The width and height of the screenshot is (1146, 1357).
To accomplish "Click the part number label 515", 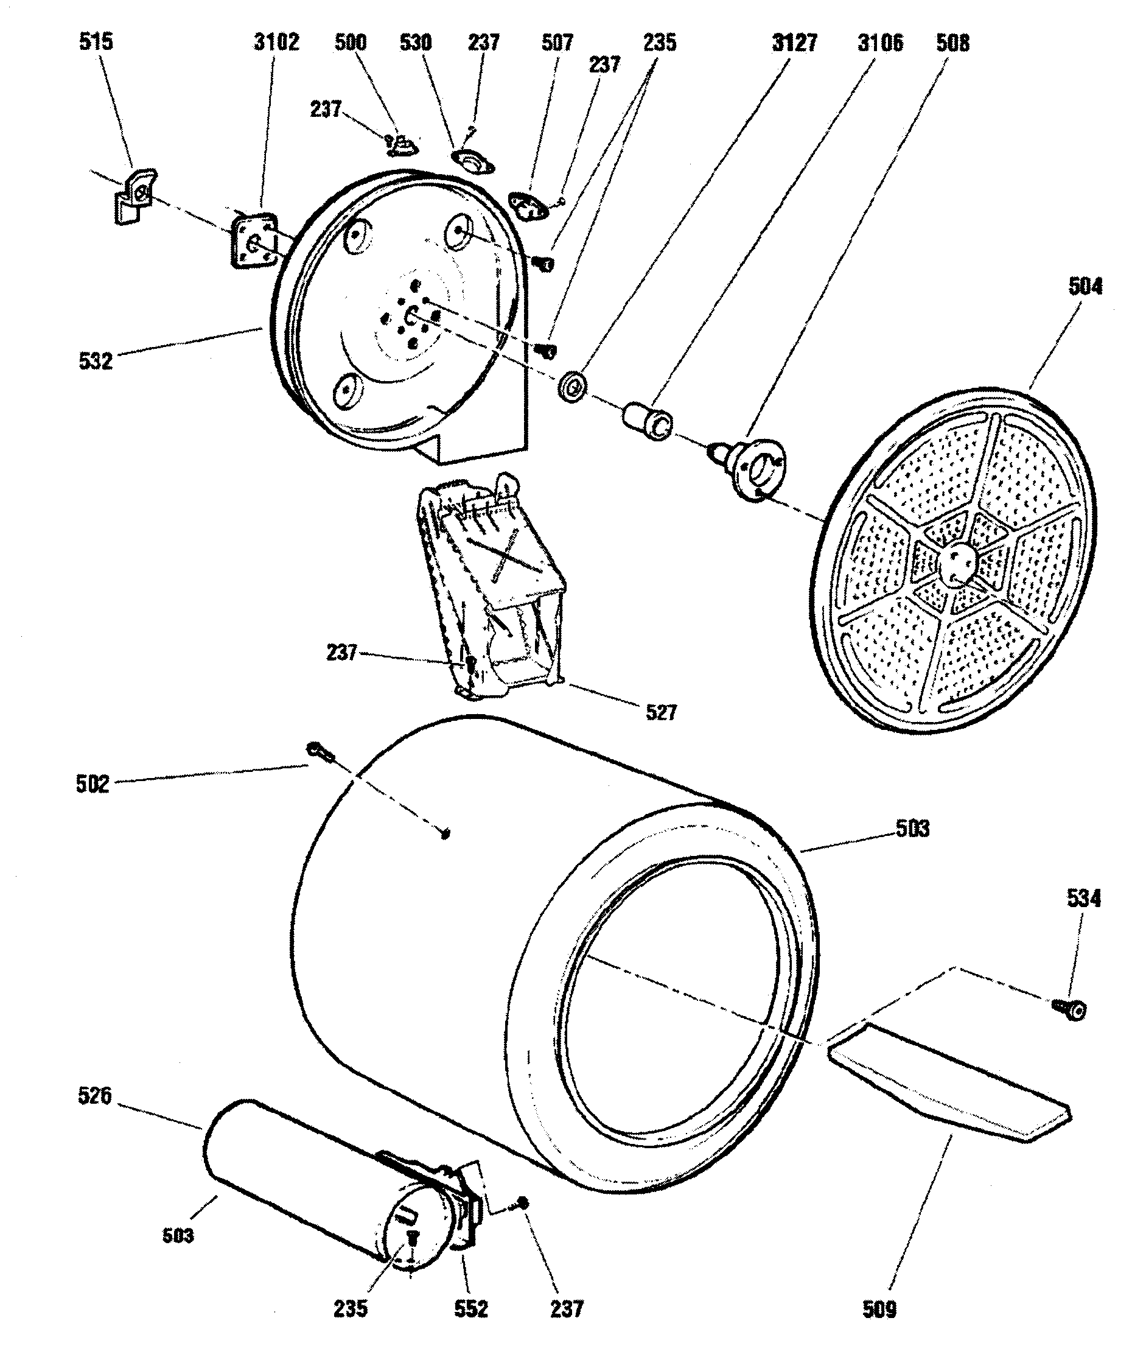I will (96, 41).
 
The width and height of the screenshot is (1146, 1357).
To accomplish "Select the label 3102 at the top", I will (276, 42).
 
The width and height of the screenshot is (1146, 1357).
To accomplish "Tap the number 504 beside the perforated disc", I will (1085, 286).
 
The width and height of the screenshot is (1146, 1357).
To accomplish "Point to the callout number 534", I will (1084, 899).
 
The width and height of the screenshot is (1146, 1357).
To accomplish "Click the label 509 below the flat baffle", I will (879, 1309).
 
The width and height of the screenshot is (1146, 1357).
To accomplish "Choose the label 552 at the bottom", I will (470, 1308).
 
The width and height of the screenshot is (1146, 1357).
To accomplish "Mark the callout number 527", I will (661, 712).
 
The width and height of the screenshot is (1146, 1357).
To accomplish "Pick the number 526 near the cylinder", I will (95, 1096).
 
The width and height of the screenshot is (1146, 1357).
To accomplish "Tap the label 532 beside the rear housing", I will (96, 360).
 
